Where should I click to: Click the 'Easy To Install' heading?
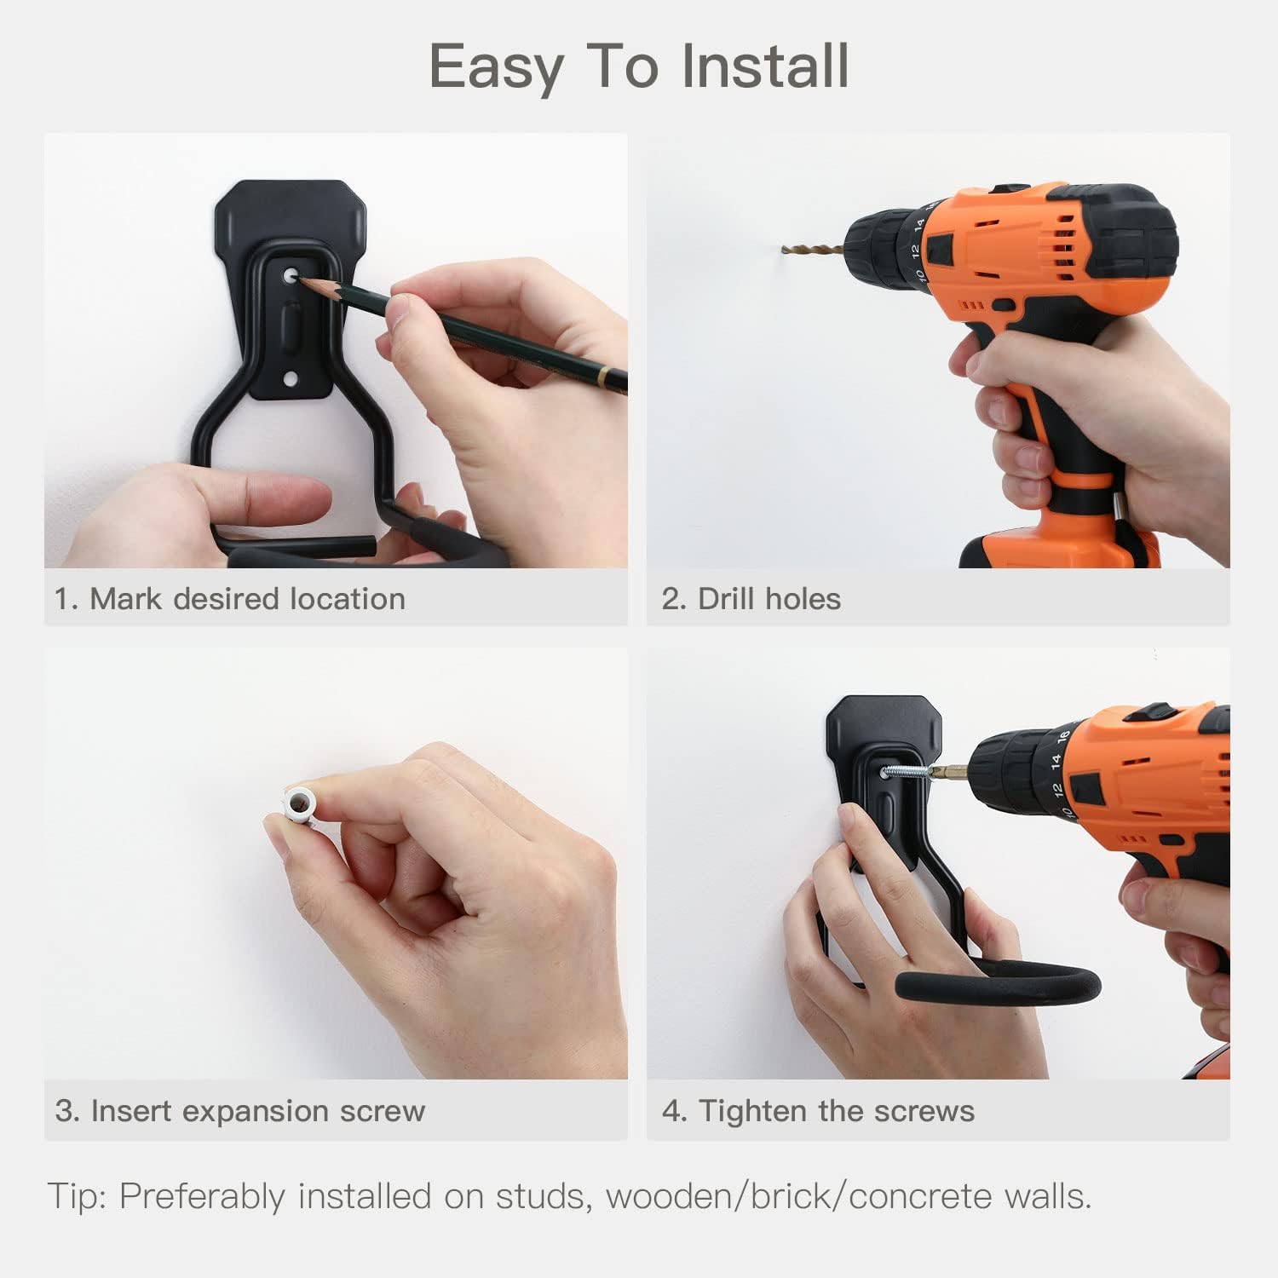coord(638,66)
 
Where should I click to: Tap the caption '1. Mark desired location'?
coord(230,599)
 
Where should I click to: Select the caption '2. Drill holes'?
coord(751,599)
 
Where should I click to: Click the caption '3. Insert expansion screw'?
coord(239,1111)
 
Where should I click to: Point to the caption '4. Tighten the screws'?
coord(818,1111)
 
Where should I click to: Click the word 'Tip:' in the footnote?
coord(77,1196)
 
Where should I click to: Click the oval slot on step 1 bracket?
coord(291,327)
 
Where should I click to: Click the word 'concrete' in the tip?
coord(921,1196)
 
